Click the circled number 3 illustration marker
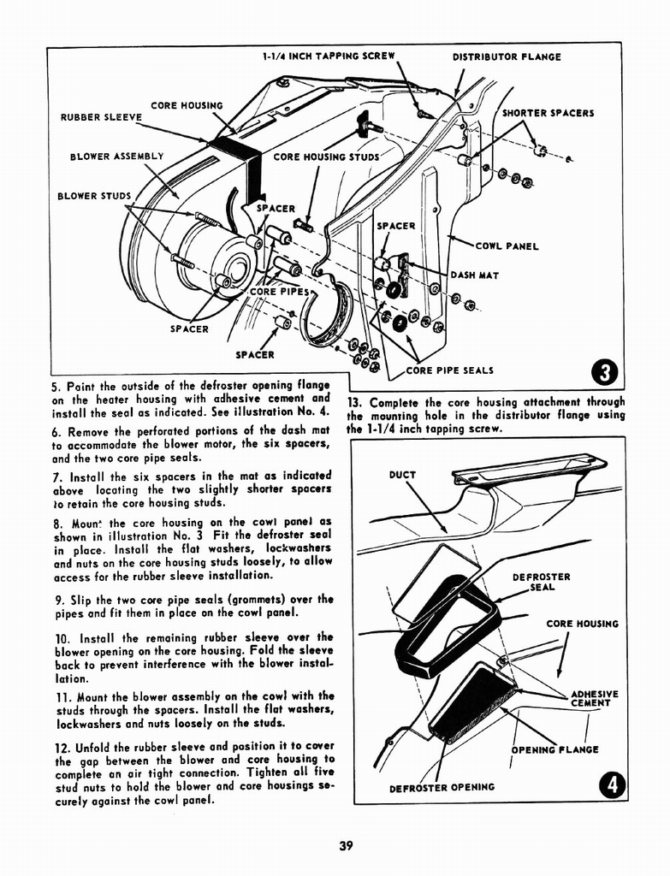coord(605,373)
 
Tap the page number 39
coord(346,846)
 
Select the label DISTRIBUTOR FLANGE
coord(507,57)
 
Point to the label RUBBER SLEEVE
coord(96,117)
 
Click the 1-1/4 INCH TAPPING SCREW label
coord(329,57)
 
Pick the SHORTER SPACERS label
coord(548,112)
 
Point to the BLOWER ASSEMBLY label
coord(116,157)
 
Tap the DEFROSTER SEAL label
coord(541,582)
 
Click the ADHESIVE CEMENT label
coord(592,698)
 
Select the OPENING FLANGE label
coord(554,750)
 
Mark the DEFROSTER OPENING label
coord(442,787)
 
